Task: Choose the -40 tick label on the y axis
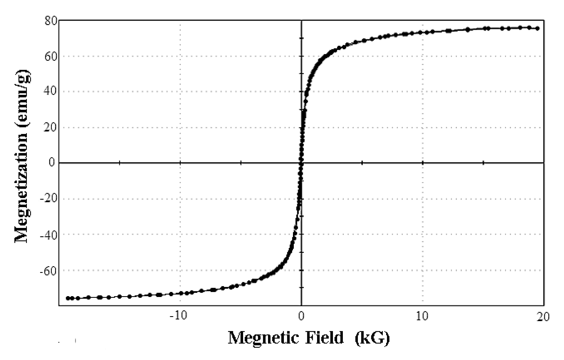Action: pos(49,234)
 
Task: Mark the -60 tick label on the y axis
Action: pos(49,270)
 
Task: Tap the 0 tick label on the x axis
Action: pos(301,316)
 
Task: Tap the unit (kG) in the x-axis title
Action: pos(372,338)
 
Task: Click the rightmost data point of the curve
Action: pos(537,28)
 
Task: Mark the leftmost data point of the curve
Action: pos(68,298)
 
